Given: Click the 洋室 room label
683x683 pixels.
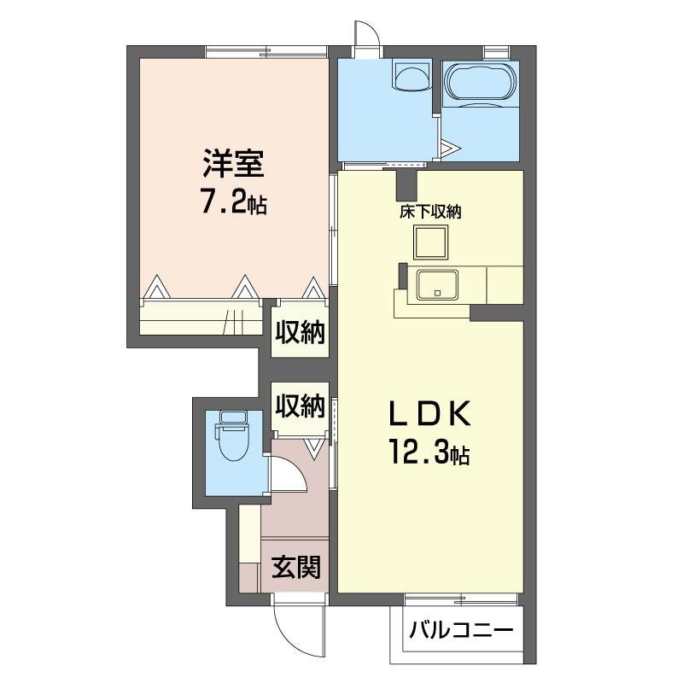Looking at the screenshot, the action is (x=233, y=164).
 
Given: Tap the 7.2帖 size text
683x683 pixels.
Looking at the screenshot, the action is (x=234, y=201).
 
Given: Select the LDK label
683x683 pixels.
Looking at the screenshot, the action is (x=429, y=413).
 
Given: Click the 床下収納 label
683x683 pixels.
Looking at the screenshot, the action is (x=430, y=212).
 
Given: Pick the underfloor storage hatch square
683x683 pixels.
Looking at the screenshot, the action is (x=431, y=242).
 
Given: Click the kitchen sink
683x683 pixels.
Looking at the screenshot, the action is (x=437, y=285).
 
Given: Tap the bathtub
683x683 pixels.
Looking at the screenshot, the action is (x=482, y=83).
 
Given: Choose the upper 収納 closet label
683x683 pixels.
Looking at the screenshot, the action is (x=301, y=333).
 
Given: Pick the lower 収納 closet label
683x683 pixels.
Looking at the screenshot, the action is (x=301, y=406).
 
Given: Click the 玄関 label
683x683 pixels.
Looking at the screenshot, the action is (x=296, y=567).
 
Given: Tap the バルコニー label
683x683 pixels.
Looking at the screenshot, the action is (x=461, y=630).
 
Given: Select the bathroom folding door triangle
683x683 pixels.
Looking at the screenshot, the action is (x=450, y=148).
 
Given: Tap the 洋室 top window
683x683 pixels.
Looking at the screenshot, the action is (x=266, y=52).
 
